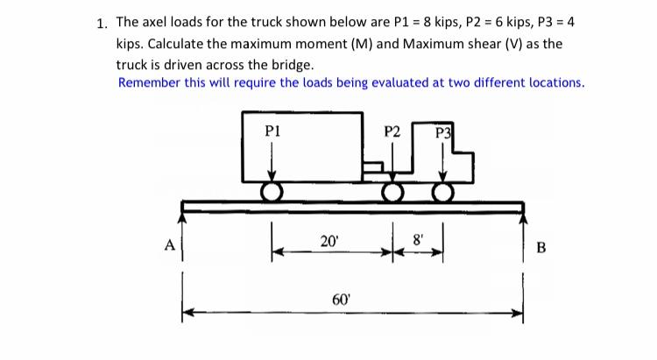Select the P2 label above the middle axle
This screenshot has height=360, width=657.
392,132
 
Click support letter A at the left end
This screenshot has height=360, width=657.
167,245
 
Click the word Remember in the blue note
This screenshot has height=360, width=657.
150,82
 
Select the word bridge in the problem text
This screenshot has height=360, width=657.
290,64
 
